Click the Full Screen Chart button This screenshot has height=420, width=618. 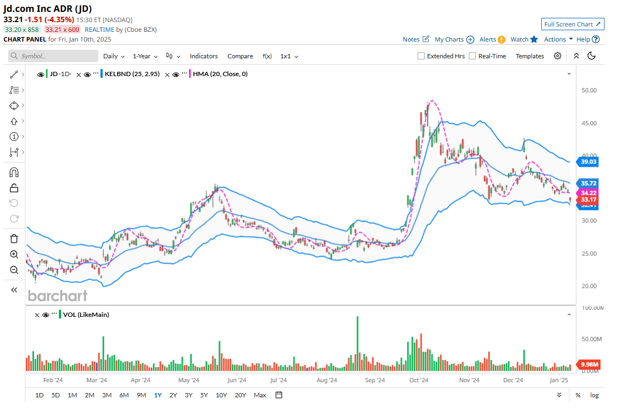click(573, 24)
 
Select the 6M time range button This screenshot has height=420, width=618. click(124, 395)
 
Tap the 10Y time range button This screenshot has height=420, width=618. click(221, 395)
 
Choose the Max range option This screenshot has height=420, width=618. click(260, 395)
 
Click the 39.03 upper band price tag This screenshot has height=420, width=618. click(588, 161)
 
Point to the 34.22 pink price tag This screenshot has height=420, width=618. click(588, 193)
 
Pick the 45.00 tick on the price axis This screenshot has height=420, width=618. click(589, 123)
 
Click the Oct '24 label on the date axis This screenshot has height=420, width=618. click(419, 380)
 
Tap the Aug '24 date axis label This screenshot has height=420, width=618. click(326, 380)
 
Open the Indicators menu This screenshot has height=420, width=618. click(204, 56)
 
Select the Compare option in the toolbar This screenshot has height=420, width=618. click(240, 56)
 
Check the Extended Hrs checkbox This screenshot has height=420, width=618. click(421, 56)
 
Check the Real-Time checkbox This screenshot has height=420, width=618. click(473, 56)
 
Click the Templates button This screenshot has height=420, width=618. click(529, 56)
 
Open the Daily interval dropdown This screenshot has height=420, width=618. click(113, 56)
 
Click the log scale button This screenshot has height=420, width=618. click(594, 395)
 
